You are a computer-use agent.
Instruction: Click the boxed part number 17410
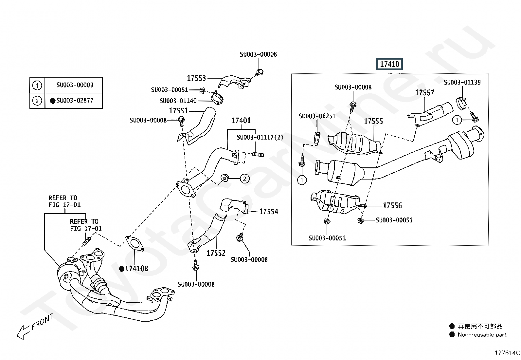click(389, 64)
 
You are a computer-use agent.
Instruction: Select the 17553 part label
click(196, 78)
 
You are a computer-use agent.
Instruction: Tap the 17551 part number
click(178, 111)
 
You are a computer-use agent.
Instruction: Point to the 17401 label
click(241, 121)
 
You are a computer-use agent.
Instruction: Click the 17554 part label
click(268, 212)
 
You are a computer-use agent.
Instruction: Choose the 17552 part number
click(216, 253)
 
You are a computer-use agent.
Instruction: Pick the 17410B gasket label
click(136, 269)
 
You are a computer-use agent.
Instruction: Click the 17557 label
click(424, 93)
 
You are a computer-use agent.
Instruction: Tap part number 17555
click(373, 122)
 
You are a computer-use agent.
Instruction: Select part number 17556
click(392, 206)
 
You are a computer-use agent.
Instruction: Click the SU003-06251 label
click(317, 116)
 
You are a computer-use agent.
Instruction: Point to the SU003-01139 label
click(462, 83)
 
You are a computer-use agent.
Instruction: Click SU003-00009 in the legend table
click(75, 85)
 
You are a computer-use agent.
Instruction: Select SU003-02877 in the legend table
click(75, 101)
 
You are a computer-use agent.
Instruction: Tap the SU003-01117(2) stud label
click(260, 137)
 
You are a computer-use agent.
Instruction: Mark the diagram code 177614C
click(507, 353)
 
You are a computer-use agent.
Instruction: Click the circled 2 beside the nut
click(244, 179)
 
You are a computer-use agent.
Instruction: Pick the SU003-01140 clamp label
click(178, 101)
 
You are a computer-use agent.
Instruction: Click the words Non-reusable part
click(482, 335)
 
